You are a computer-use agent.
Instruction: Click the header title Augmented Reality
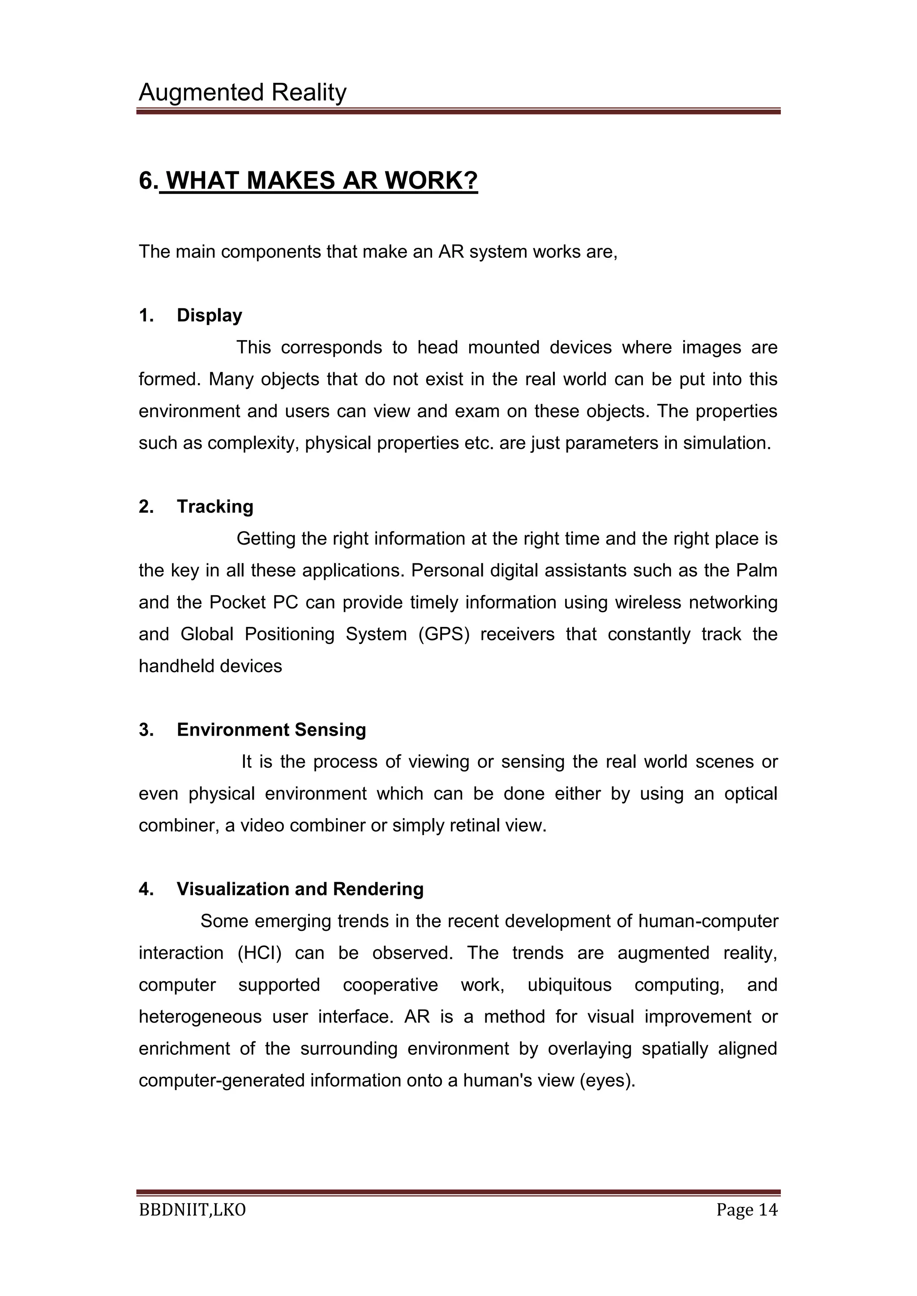[x=242, y=92]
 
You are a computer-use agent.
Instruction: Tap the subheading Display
[x=209, y=315]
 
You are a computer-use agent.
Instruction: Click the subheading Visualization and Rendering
[x=300, y=889]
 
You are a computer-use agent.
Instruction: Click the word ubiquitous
[x=569, y=985]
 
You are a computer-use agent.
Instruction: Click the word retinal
[x=474, y=825]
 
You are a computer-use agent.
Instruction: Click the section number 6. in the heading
[x=148, y=181]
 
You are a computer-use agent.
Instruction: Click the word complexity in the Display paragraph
[x=252, y=443]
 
